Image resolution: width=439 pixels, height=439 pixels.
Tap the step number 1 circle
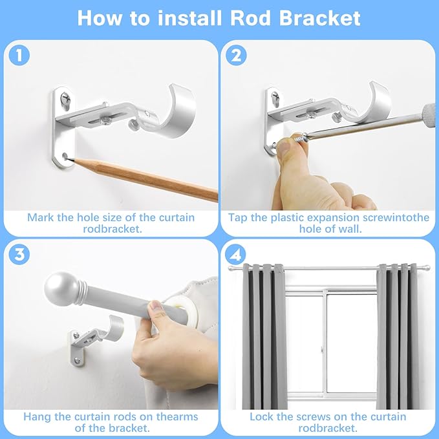[21, 56]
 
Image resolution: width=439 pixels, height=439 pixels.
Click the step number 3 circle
[21, 254]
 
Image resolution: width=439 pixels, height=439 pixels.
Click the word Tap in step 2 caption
[240, 217]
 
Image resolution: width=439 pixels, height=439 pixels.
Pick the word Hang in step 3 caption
[37, 416]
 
